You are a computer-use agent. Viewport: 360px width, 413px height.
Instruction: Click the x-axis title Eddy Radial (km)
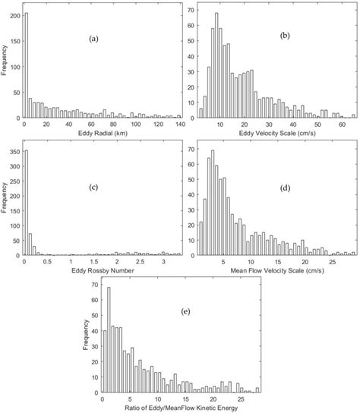click(99, 134)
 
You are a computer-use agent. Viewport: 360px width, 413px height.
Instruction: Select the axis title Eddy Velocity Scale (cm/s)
click(277, 134)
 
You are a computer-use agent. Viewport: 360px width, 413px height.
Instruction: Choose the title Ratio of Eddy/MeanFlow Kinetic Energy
click(182, 408)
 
